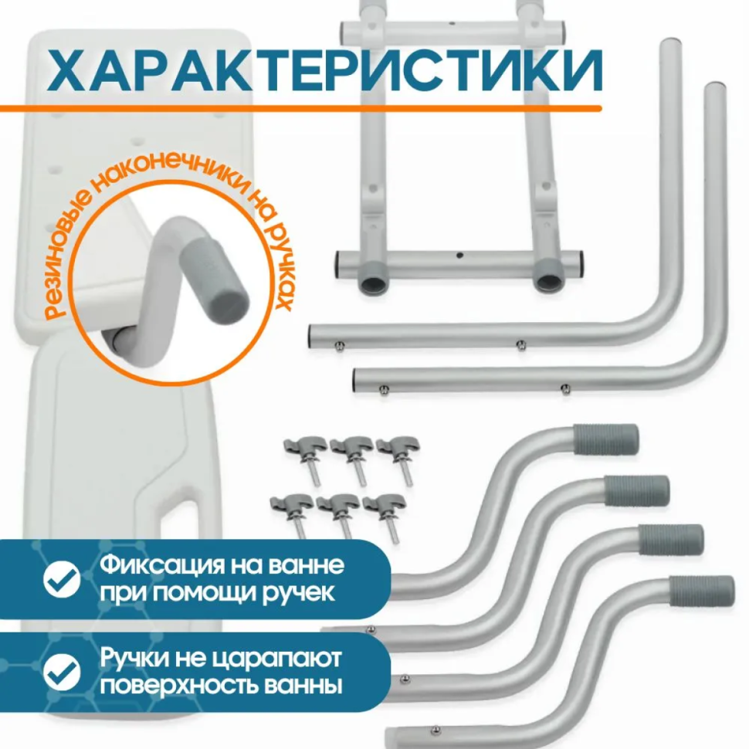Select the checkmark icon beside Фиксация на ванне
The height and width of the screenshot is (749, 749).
point(61,578)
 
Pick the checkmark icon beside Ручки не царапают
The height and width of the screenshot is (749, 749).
point(61,671)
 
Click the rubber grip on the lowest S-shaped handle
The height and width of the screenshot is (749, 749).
point(702,590)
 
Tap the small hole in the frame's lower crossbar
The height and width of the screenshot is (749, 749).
point(459,254)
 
